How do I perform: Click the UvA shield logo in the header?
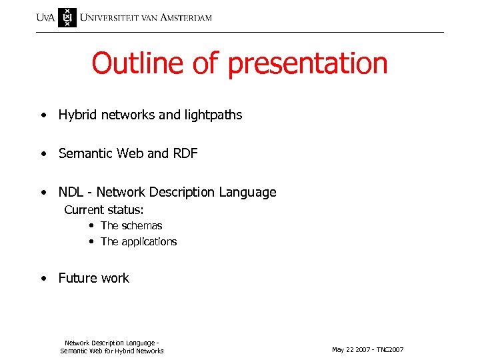67,17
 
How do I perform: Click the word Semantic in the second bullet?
85,154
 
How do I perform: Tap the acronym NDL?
71,193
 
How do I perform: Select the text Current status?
104,210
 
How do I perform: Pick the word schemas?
142,226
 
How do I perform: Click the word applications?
149,242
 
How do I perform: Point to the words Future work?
94,279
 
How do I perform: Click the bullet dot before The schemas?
90,226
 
